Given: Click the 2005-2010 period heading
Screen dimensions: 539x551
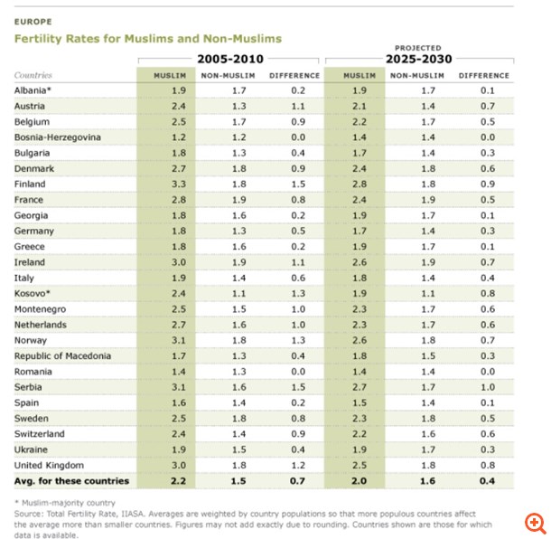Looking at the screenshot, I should pyautogui.click(x=229, y=59).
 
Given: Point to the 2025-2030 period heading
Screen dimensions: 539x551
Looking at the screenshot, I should pyautogui.click(x=419, y=59).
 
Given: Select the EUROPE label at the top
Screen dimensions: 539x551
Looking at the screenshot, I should pyautogui.click(x=33, y=20).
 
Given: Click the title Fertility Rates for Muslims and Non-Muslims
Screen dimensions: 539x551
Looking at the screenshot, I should pyautogui.click(x=147, y=39).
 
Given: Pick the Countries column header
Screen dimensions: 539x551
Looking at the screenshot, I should pyautogui.click(x=33, y=75).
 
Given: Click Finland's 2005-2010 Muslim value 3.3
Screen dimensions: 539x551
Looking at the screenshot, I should pyautogui.click(x=179, y=184).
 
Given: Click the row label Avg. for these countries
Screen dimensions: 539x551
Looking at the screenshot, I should pyautogui.click(x=71, y=481).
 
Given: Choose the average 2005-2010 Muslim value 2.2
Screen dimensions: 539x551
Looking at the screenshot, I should pyautogui.click(x=179, y=481).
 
